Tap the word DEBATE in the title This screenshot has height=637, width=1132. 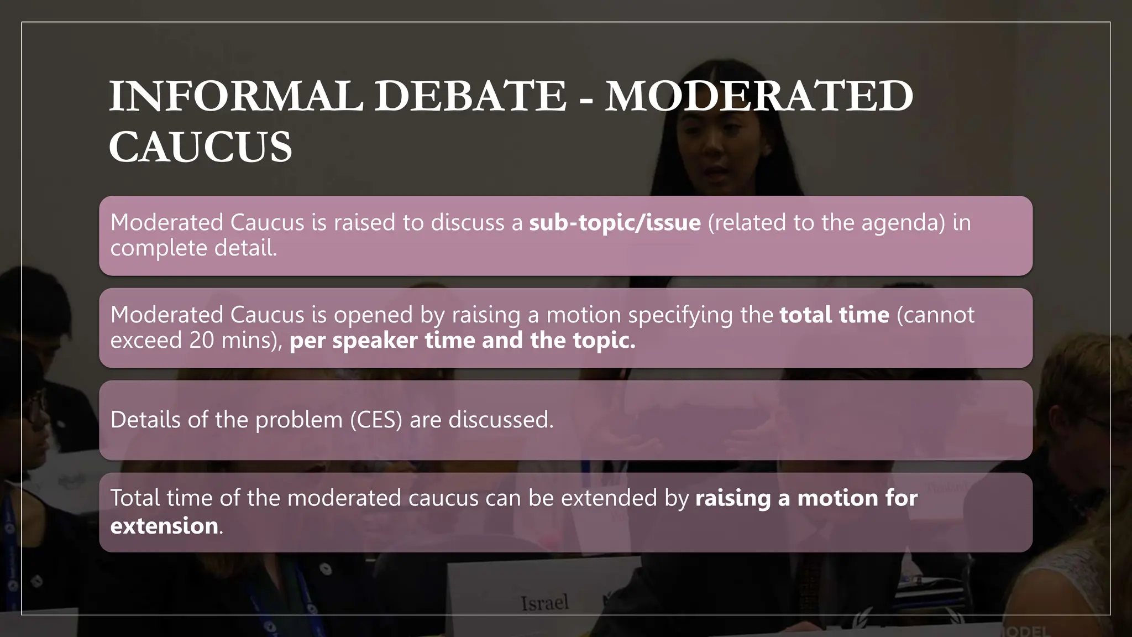point(470,96)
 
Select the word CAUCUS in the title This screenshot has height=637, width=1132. point(200,147)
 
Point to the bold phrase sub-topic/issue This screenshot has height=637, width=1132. point(615,222)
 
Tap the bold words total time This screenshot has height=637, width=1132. point(835,315)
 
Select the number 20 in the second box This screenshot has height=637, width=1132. point(202,340)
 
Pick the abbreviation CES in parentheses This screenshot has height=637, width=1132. point(376,420)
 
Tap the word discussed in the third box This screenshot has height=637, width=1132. point(500,420)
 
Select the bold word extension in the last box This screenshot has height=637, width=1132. point(164,525)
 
